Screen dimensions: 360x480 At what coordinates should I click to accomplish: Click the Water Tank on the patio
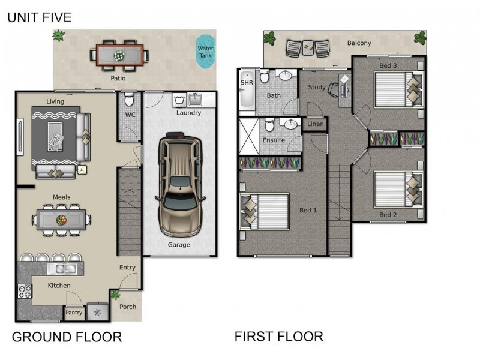(206, 52)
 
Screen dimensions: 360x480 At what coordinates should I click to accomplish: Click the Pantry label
(73, 313)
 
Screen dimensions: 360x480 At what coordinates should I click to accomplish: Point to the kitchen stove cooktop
(25, 292)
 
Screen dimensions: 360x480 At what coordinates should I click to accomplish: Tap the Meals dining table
(61, 220)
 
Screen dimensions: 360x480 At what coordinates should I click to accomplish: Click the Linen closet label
(315, 124)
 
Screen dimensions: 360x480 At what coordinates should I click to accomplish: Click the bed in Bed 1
(264, 211)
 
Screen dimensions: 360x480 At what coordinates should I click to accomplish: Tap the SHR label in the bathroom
(247, 82)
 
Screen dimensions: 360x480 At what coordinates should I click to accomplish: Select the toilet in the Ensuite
(270, 126)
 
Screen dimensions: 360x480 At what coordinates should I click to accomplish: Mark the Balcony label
(359, 43)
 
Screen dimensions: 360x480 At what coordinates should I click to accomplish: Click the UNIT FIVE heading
(39, 18)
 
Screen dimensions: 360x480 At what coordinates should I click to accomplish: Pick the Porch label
(127, 307)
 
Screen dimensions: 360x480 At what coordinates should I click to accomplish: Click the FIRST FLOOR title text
(278, 336)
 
